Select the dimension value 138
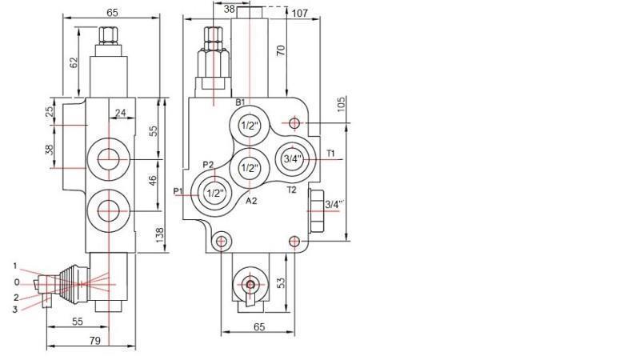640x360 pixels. pos(159,234)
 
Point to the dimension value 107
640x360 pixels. pos(301,14)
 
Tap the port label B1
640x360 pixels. pos(240,102)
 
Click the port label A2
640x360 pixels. pos(250,201)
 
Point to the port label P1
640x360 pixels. pos(179,191)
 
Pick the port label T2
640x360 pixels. pos(291,190)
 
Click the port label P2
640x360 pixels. pos(208,165)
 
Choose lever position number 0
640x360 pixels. pos(16,282)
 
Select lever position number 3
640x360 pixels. pos(15,310)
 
